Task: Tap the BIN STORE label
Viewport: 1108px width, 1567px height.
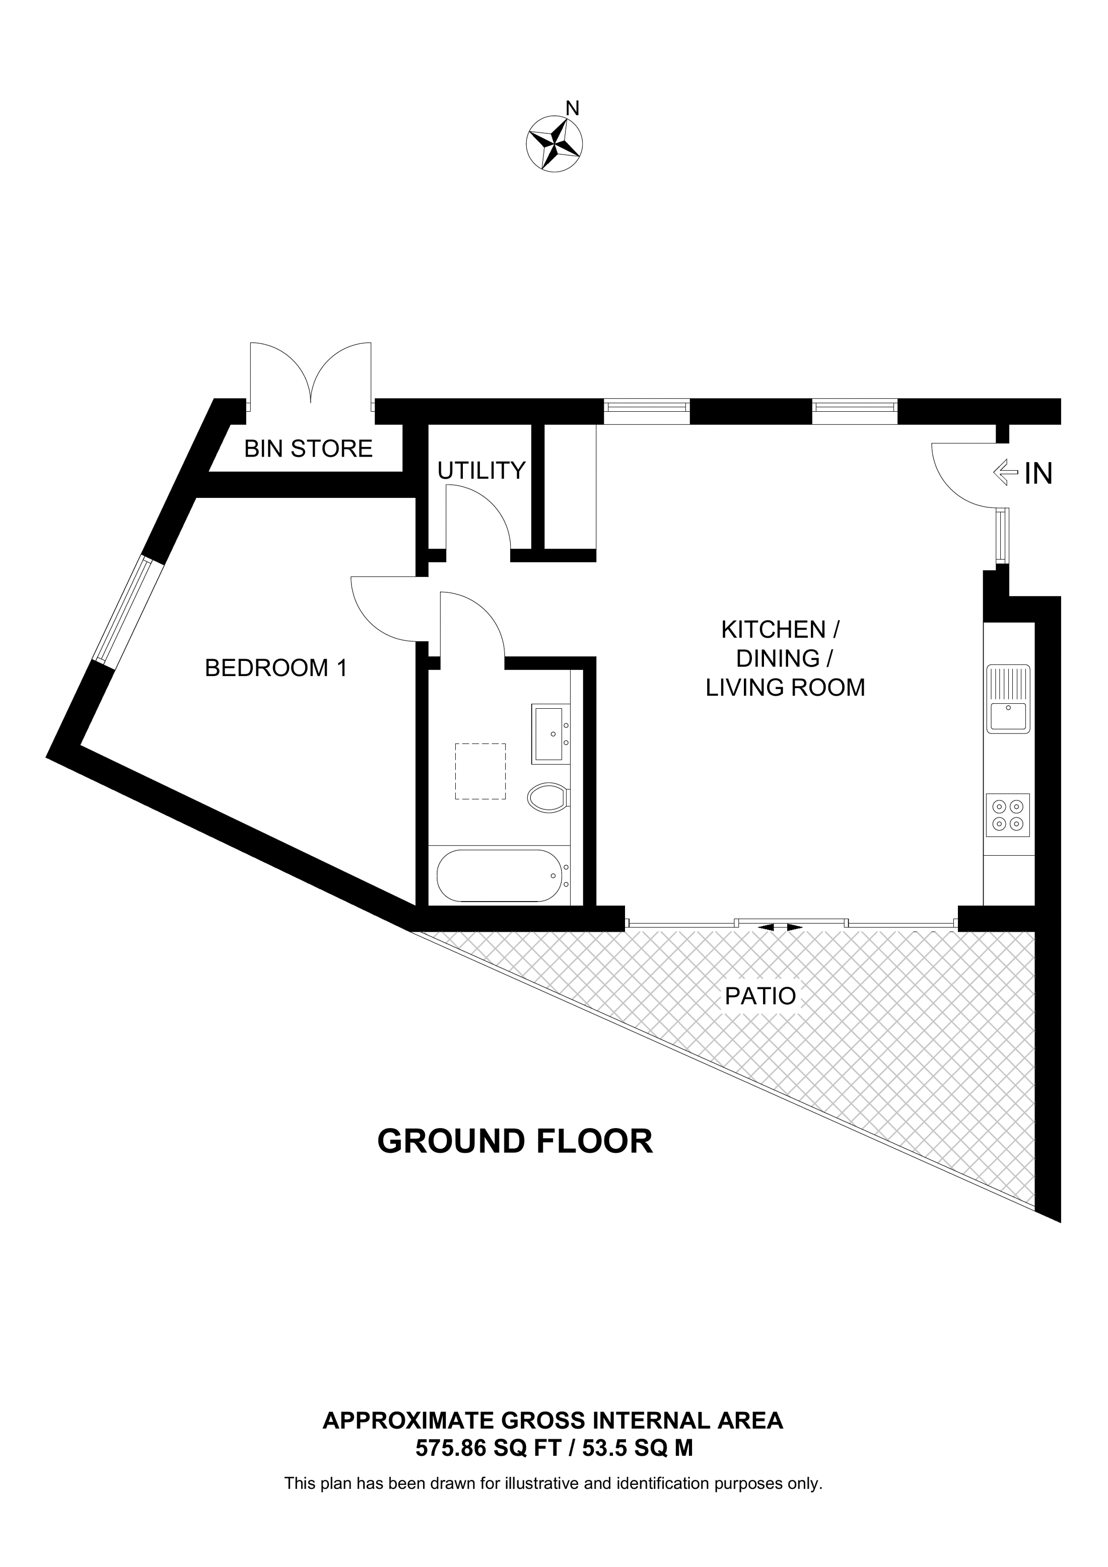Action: [309, 449]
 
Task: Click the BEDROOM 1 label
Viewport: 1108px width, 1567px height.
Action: [276, 667]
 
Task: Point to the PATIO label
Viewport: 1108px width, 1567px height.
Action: [760, 996]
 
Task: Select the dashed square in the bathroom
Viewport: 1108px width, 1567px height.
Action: [480, 771]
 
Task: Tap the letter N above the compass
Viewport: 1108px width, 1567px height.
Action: [573, 108]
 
